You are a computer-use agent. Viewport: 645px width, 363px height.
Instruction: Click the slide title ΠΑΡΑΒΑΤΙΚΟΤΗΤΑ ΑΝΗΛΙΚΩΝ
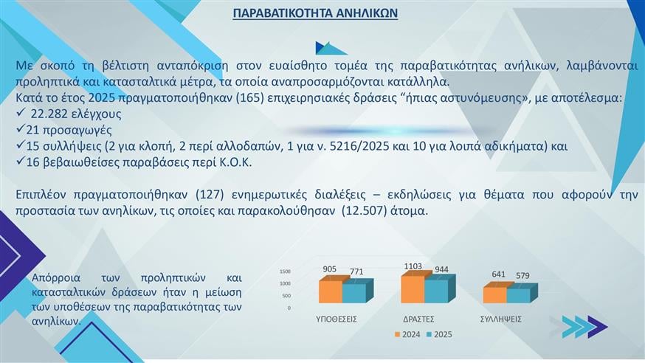click(315, 13)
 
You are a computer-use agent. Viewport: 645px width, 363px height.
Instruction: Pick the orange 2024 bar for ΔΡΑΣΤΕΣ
click(413, 288)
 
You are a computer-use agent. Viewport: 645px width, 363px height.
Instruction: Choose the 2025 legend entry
click(438, 334)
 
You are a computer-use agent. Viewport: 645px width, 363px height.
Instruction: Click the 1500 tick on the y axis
click(285, 272)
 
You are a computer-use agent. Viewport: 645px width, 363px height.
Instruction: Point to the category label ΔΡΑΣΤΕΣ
click(418, 319)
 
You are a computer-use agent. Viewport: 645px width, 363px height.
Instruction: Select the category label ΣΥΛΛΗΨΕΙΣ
click(501, 319)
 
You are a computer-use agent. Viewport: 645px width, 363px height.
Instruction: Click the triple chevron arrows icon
click(584, 326)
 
